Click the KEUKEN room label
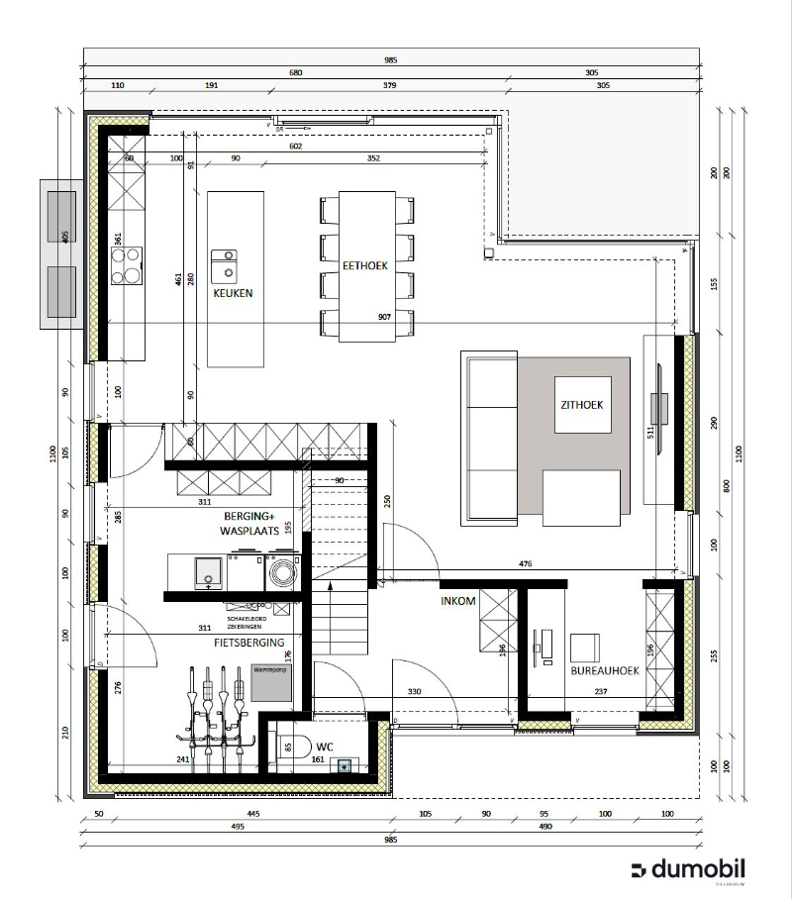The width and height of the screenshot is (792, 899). coord(233,294)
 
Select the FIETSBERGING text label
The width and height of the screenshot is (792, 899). coord(249,643)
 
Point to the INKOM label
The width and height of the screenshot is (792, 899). coord(458,601)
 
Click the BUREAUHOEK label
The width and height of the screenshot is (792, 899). coord(604,670)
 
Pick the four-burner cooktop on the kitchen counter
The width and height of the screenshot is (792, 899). coord(126,266)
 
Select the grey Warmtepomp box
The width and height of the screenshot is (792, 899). coord(272,683)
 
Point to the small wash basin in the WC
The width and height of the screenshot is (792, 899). coord(344,765)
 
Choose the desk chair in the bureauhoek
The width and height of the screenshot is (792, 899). coord(584,648)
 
